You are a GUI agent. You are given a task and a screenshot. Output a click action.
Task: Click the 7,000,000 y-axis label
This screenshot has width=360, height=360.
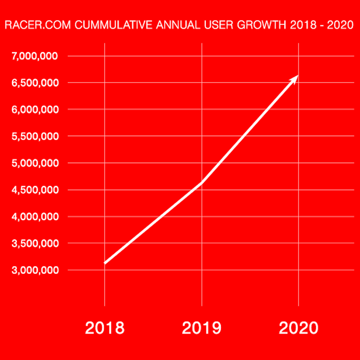35,56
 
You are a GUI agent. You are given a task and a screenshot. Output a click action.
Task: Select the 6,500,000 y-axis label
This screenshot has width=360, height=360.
35,83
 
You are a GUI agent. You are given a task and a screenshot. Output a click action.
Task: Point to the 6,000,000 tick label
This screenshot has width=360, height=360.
35,109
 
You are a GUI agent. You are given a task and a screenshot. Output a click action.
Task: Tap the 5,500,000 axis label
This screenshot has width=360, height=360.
35,136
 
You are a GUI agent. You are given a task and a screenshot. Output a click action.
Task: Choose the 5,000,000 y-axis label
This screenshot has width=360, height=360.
35,163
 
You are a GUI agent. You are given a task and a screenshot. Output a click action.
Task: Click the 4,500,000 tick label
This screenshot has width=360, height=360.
35,190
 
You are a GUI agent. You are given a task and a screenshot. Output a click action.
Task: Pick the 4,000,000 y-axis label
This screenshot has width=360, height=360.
35,217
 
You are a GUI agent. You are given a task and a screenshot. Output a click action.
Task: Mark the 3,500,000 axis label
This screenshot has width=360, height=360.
35,243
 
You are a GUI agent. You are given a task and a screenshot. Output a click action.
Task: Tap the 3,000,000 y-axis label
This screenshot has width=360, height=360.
35,270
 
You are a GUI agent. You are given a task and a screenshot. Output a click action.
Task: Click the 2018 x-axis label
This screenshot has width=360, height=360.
105,328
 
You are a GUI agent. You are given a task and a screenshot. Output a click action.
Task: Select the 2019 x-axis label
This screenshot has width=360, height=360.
202,328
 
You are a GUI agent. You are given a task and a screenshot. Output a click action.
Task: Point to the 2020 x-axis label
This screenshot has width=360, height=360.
299,328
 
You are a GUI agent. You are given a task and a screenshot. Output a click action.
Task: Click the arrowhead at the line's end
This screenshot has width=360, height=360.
295,78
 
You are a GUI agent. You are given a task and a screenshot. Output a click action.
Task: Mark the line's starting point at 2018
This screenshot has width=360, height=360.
105,263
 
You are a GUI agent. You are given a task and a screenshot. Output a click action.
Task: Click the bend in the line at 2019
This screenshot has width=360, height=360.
202,183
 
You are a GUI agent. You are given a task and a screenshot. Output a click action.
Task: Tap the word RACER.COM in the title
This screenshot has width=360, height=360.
29,26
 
